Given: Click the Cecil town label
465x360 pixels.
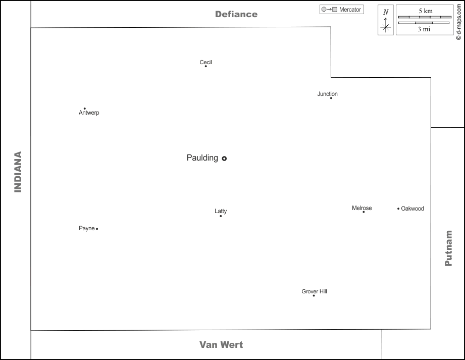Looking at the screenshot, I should click(x=205, y=62).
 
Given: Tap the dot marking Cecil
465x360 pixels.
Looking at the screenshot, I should click(x=205, y=66).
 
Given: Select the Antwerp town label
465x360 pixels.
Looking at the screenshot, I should click(x=89, y=113).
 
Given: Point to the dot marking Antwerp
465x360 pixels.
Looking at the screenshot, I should click(x=84, y=109).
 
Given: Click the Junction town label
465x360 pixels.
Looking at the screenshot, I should click(x=327, y=94).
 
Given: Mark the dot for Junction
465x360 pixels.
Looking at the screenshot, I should click(x=331, y=98).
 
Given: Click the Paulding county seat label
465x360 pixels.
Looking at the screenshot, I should click(x=202, y=158).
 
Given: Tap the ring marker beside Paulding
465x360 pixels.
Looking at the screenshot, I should click(x=224, y=158).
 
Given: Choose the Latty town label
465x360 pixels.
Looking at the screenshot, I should click(x=221, y=211).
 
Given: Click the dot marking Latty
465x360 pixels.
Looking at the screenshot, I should click(x=221, y=216).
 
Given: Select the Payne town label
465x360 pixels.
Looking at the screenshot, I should click(x=86, y=228).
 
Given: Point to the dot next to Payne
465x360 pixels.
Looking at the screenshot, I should click(x=97, y=229).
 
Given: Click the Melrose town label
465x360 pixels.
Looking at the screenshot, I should click(x=361, y=208).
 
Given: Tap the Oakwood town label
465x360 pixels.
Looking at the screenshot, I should click(x=412, y=209).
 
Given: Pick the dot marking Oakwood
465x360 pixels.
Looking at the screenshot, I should click(x=398, y=209).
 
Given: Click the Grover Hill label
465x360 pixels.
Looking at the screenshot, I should click(x=314, y=291).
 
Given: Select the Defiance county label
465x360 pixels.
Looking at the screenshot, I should click(x=236, y=14).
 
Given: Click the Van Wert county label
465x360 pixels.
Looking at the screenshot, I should click(x=221, y=345).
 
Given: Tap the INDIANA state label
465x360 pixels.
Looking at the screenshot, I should click(x=18, y=172).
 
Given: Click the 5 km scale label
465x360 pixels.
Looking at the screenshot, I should click(x=425, y=11).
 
